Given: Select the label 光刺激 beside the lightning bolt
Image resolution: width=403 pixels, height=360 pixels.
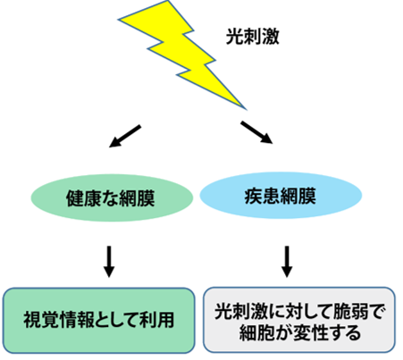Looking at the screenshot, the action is coord(253,37).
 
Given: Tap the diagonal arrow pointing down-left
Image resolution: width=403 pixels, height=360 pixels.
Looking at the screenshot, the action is coord(125,136).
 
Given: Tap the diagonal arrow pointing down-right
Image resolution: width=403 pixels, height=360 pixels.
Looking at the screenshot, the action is coord(256,132).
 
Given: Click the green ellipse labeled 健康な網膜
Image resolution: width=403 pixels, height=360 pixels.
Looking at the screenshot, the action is coord(112,197).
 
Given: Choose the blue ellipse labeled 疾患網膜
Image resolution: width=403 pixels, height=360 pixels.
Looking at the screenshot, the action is coord(281,196).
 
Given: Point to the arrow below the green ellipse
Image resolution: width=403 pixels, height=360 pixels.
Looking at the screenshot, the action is coord(109,262).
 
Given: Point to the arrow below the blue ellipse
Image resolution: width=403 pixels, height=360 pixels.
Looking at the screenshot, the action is coord(287,262).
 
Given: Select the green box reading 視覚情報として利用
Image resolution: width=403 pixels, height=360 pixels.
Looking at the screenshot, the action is coord(99,321).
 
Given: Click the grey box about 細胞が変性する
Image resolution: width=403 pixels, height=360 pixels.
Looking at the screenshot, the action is coord(299,320).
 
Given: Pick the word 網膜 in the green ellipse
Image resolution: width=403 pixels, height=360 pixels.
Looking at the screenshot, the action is coord(137,198).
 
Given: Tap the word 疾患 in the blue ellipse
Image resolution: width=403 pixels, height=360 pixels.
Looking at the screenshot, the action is coord(263,196).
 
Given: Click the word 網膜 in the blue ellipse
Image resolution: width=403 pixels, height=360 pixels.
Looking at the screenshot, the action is coord(298,196).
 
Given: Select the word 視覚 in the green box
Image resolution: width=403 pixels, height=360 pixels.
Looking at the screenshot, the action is coord(41,321).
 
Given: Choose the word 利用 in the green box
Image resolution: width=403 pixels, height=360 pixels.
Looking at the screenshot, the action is coord(156,321).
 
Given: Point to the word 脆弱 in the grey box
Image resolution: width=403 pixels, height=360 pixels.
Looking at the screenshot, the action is coord(351,312).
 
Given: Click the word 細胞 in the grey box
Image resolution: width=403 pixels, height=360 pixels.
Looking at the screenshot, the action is coord(256,332).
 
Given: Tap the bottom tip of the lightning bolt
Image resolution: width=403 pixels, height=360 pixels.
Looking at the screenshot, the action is coord(247,109).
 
